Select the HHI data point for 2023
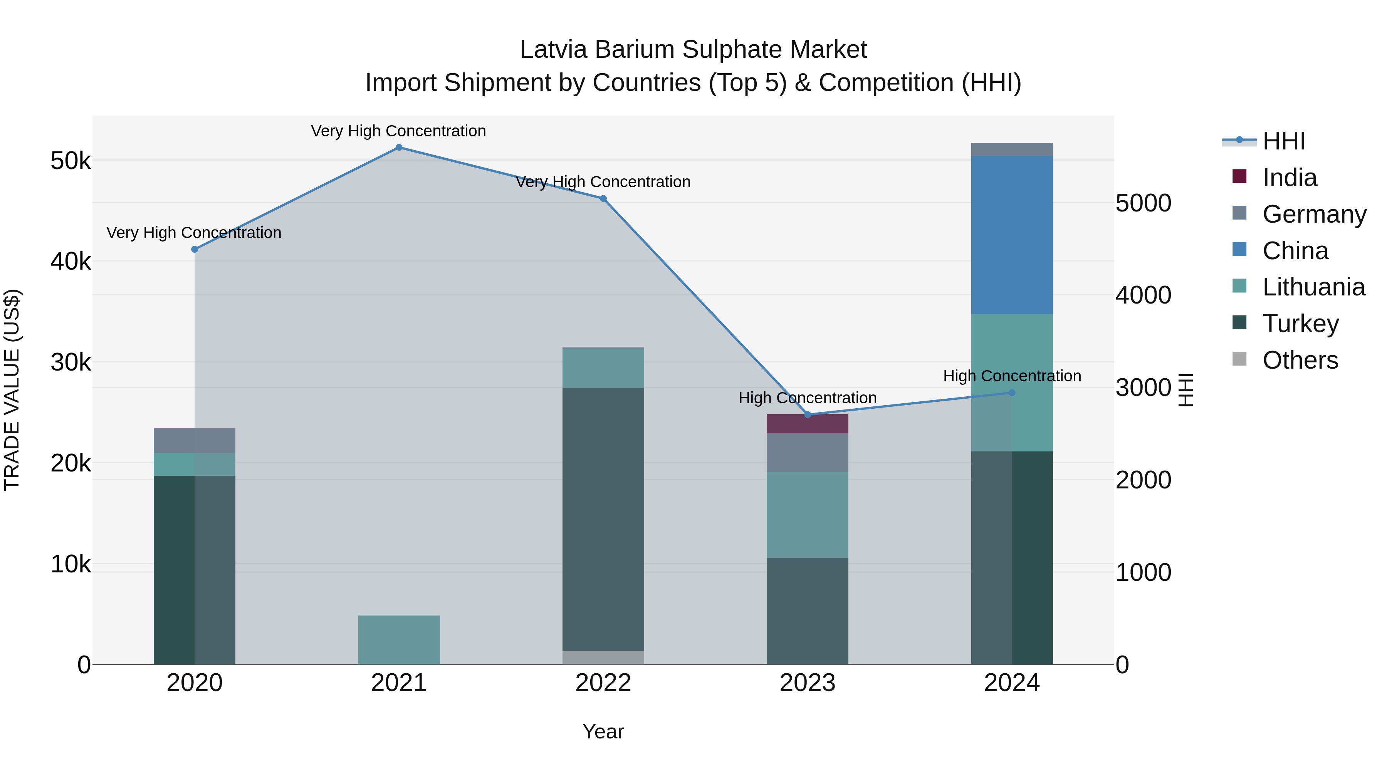tap(807, 414)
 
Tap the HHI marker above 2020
tap(195, 249)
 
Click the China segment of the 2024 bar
tap(1012, 235)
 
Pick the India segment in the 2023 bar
tap(807, 424)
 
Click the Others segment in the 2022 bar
tap(603, 658)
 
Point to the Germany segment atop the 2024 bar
tap(1012, 150)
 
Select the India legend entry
tap(1290, 178)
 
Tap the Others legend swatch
tap(1239, 359)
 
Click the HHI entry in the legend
tap(1283, 141)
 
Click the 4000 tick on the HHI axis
tap(1143, 295)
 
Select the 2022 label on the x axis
tap(603, 683)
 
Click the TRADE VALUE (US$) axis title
tap(12, 390)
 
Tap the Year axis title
tap(603, 731)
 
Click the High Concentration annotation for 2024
tap(1012, 376)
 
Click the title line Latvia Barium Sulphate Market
tap(693, 50)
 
